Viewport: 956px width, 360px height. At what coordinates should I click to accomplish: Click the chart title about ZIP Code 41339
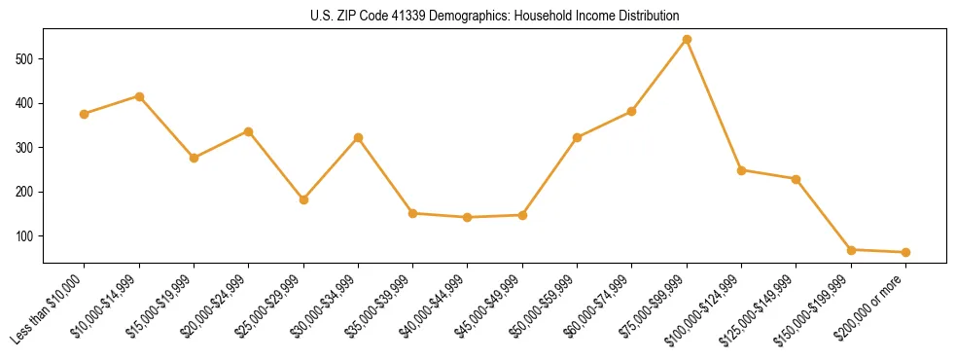(478, 17)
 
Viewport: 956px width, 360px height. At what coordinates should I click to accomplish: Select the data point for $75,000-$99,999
(687, 40)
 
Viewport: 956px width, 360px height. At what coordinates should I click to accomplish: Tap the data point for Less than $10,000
(85, 114)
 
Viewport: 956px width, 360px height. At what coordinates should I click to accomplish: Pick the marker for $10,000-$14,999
(139, 96)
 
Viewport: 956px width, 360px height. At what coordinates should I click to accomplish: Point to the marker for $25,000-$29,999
(303, 199)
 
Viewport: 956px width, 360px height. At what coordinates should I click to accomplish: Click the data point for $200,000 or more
(905, 252)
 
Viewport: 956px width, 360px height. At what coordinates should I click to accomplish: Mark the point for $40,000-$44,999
(468, 217)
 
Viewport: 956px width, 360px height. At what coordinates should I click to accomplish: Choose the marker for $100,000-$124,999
(741, 170)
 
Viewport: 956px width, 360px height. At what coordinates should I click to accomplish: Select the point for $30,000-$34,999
(358, 138)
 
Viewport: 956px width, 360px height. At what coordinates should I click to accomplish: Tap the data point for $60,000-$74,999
(631, 112)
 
